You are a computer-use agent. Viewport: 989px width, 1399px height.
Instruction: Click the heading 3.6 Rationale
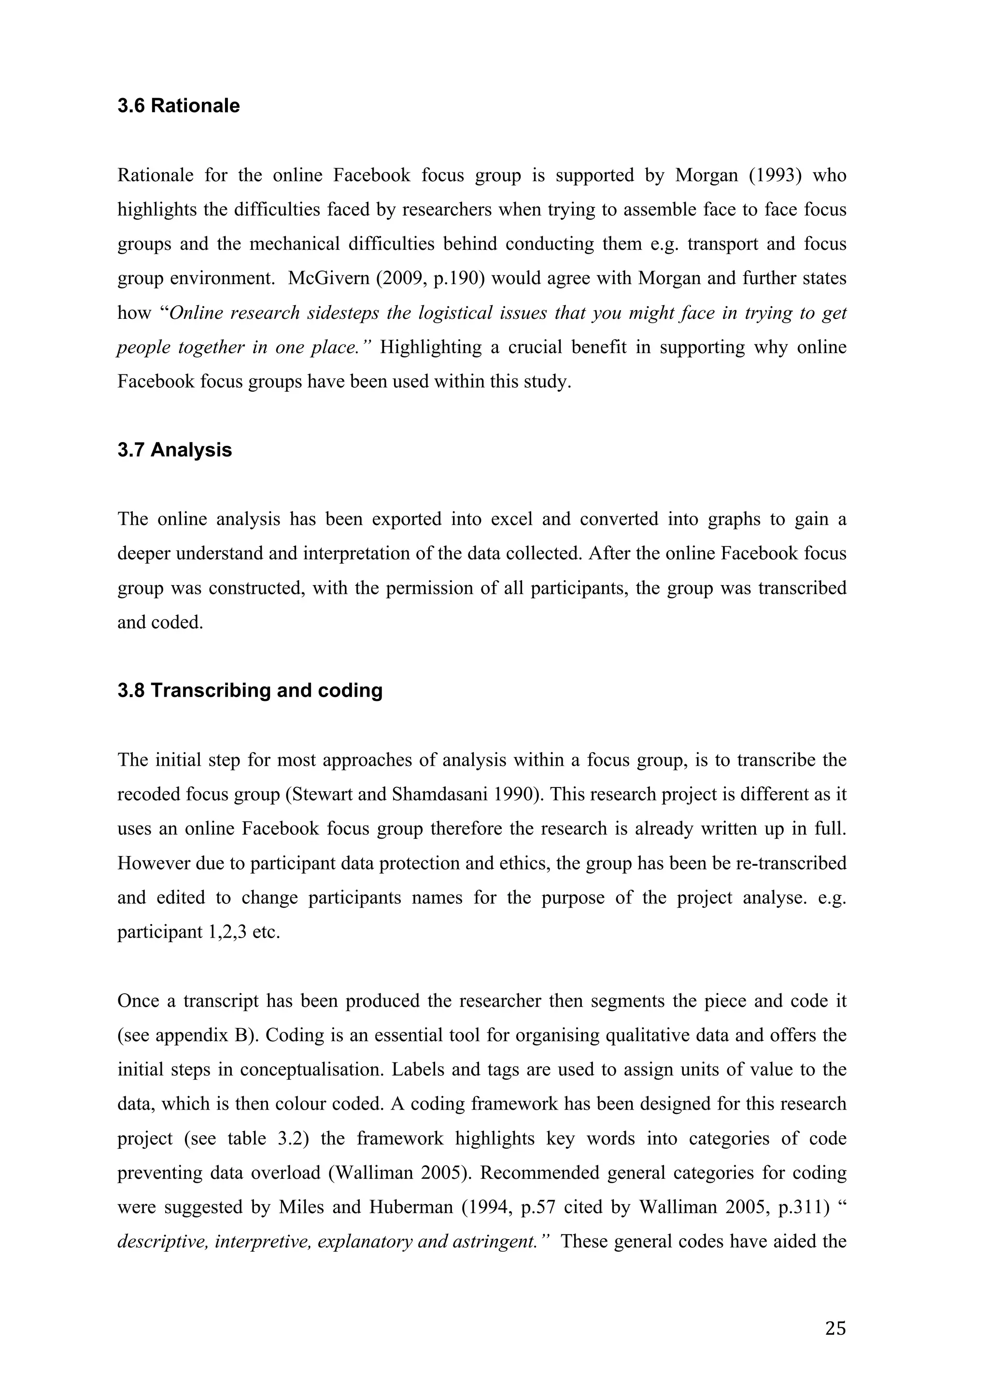[178, 106]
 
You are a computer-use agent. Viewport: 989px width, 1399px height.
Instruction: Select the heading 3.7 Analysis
[175, 450]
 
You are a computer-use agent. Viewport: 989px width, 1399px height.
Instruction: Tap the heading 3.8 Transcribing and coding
[250, 690]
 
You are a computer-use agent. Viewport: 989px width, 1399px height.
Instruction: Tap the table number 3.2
[286, 1139]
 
